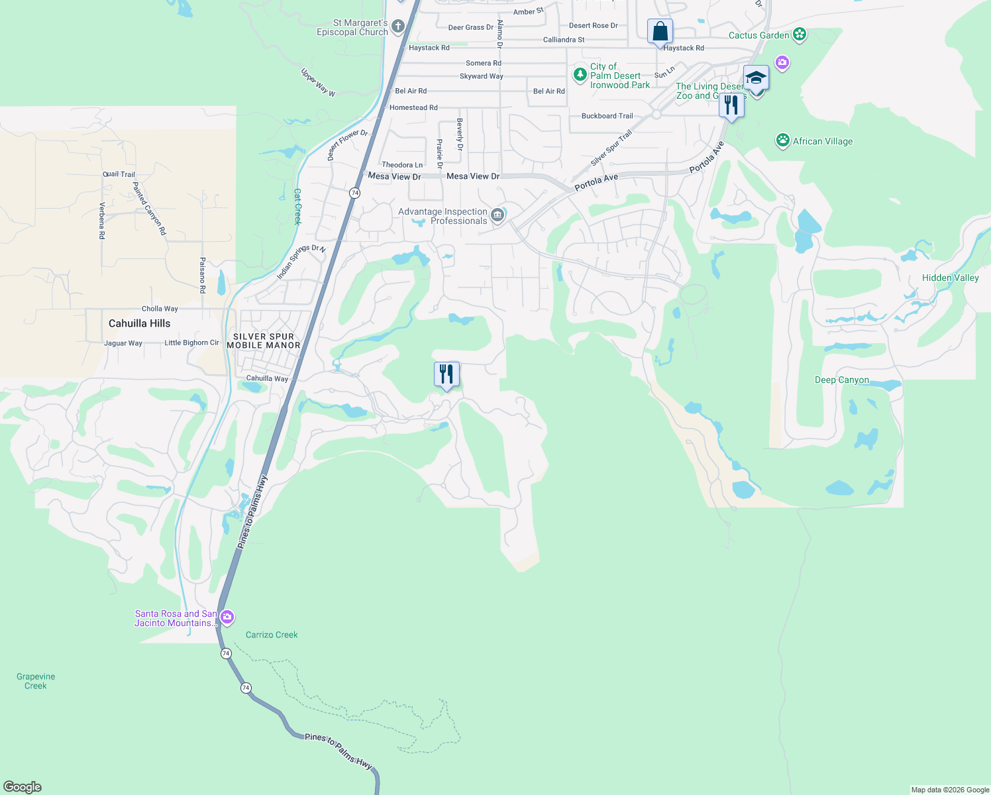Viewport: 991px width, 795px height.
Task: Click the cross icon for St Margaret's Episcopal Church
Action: tap(397, 27)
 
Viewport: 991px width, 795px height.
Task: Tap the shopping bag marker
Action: tap(660, 31)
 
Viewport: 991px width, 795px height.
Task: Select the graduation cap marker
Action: tap(756, 78)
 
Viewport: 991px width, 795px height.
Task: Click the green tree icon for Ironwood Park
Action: tap(580, 74)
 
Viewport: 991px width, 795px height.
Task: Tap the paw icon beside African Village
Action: tap(783, 140)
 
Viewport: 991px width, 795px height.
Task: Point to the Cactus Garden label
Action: tap(758, 35)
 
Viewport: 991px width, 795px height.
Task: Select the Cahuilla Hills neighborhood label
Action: tap(139, 323)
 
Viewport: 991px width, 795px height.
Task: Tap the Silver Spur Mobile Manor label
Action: tap(264, 341)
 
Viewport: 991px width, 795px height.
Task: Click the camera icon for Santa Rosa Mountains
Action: tap(227, 617)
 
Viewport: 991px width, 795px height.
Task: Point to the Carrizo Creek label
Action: tap(272, 635)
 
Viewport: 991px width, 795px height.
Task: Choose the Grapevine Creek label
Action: tap(36, 681)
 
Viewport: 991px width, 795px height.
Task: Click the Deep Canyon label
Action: tap(841, 380)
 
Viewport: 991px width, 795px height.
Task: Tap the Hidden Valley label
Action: tap(950, 278)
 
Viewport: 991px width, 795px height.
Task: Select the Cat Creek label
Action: tap(297, 207)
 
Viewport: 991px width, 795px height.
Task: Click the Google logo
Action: tap(23, 786)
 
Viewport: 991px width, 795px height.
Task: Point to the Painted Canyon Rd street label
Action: tap(149, 209)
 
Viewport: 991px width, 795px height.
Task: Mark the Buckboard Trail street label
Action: tap(607, 116)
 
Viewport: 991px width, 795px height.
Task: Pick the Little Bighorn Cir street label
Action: tap(191, 343)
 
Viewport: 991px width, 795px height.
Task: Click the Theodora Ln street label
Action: tap(402, 165)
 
